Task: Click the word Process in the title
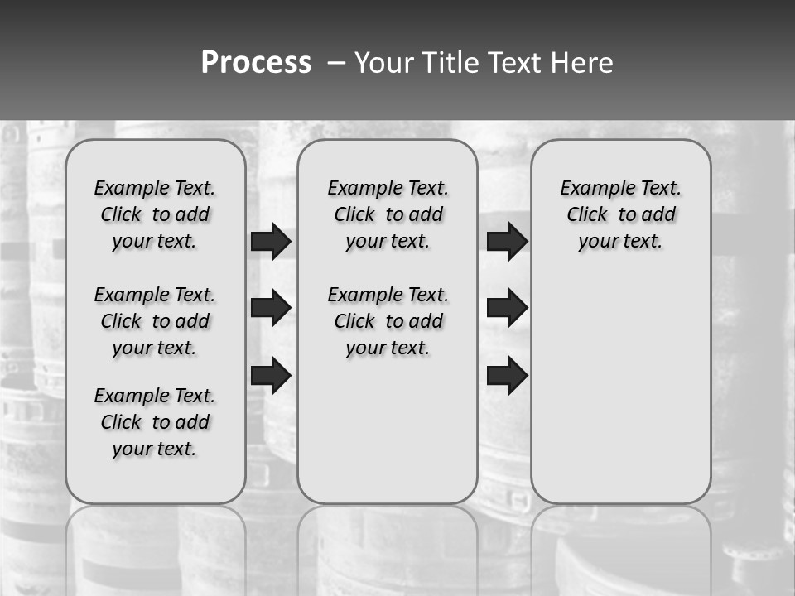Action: click(256, 63)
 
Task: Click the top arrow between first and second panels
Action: click(271, 241)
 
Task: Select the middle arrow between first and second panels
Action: click(271, 308)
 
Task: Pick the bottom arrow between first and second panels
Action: click(271, 375)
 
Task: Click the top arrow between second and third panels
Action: click(507, 241)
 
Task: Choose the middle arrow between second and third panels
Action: click(507, 308)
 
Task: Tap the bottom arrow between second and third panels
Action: click(507, 375)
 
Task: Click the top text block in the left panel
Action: click(155, 214)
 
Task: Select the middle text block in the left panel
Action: click(155, 321)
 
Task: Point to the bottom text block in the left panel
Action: click(155, 422)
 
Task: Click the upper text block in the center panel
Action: click(388, 214)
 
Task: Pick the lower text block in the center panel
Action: click(388, 321)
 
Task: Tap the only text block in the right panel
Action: click(620, 214)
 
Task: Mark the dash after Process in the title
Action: click(336, 63)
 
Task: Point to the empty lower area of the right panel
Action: click(620, 389)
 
